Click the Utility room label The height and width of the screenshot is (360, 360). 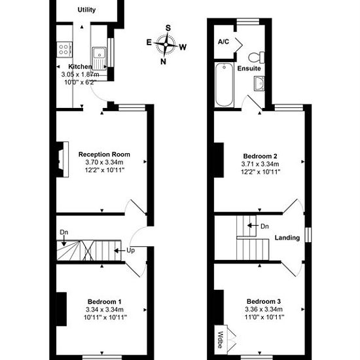[86, 10]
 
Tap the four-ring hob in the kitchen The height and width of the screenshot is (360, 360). [64, 49]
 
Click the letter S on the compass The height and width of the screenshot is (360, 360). [168, 28]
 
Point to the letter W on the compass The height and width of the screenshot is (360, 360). [183, 47]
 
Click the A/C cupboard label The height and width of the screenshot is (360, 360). [223, 42]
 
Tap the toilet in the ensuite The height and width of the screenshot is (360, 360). [257, 57]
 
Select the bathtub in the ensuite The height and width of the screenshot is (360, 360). [224, 84]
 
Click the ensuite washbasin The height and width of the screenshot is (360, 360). [259, 84]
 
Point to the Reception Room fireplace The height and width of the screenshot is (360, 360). [63, 159]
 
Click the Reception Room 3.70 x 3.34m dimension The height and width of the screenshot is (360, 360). [104, 162]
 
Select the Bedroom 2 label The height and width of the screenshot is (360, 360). [260, 156]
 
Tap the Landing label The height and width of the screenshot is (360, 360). [287, 238]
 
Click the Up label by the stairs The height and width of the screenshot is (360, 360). [130, 251]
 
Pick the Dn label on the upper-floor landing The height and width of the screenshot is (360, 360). [264, 226]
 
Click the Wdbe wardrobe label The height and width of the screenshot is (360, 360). [220, 340]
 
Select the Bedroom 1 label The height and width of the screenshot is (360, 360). [105, 302]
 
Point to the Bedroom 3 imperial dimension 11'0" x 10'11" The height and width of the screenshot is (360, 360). [264, 317]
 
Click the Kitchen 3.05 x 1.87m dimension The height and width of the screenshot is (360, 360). [80, 75]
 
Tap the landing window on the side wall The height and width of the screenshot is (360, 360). [308, 234]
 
